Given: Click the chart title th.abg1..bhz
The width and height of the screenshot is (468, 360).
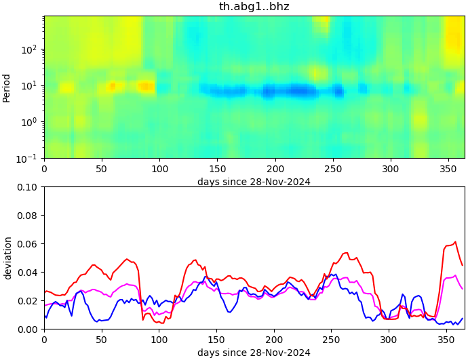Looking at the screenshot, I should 254,7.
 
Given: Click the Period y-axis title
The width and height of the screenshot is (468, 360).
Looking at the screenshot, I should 7,87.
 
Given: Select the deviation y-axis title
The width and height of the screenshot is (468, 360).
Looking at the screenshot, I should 7,258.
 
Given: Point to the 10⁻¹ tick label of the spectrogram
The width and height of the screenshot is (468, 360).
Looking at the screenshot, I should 29,158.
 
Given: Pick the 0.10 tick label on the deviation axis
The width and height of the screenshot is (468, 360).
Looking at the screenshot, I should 28,187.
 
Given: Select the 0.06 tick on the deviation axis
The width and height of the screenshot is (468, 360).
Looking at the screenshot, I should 28,244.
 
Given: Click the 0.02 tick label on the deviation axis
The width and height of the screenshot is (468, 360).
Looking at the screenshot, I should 28,301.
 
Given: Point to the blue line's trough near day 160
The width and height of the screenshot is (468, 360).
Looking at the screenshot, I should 229,312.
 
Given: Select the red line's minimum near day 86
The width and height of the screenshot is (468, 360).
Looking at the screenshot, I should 143,319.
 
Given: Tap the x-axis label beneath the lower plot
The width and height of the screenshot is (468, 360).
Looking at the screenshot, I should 254,353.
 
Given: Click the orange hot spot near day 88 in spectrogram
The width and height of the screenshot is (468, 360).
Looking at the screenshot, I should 145,86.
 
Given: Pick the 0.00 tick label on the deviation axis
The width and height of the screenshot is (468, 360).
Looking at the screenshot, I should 28,329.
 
